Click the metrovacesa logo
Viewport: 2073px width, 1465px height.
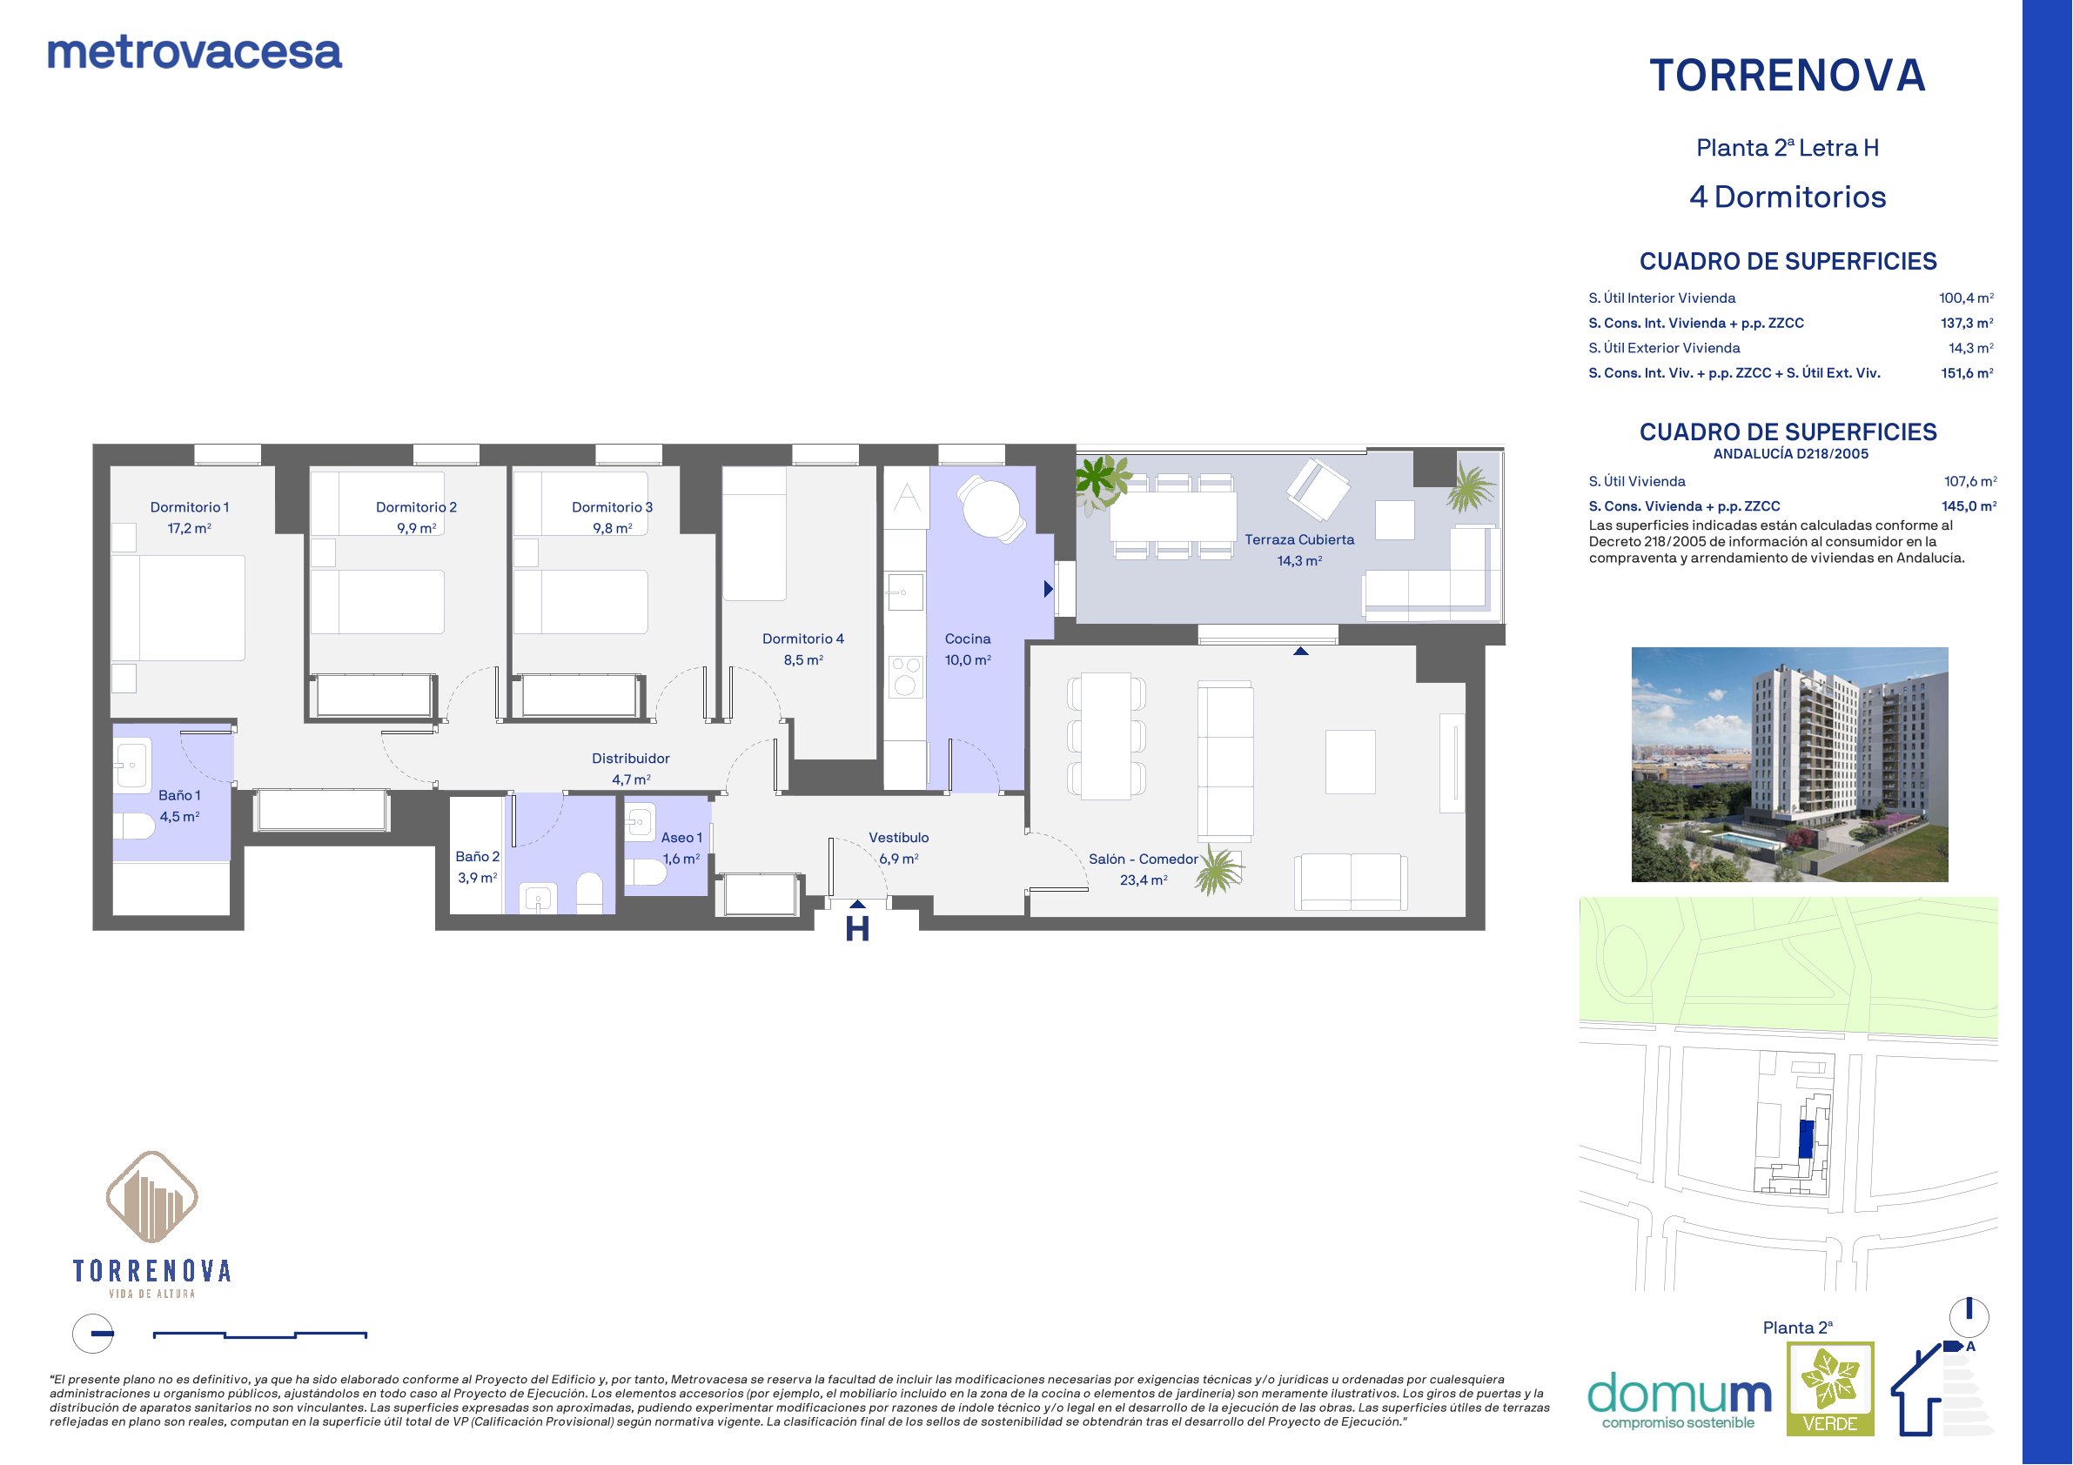click(x=194, y=53)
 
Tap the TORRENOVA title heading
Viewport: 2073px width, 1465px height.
click(x=1788, y=76)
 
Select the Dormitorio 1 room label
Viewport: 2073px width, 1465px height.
click(x=190, y=507)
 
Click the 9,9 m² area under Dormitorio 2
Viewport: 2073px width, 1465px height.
click(x=416, y=528)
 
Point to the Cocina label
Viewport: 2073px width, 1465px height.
click(x=968, y=639)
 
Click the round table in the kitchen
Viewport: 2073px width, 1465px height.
click(x=991, y=508)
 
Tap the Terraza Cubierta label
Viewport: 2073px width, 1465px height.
click(x=1299, y=539)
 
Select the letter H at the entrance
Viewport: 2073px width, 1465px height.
click(x=857, y=929)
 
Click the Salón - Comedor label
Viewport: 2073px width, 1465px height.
click(x=1143, y=860)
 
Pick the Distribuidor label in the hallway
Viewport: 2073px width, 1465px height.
click(x=630, y=759)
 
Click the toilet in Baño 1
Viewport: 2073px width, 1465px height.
click(x=134, y=826)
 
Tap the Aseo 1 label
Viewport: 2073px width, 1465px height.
click(x=681, y=838)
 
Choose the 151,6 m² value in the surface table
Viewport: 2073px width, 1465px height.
click(x=1968, y=373)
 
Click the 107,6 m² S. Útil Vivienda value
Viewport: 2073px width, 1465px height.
click(x=1970, y=482)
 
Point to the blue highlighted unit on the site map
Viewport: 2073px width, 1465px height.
click(x=1806, y=1139)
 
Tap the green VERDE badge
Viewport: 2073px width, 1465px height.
click(x=1830, y=1388)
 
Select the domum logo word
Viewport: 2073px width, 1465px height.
click(x=1680, y=1394)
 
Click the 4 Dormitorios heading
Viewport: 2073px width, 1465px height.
click(x=1788, y=197)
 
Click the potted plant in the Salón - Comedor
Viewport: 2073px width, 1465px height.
click(x=1218, y=870)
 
